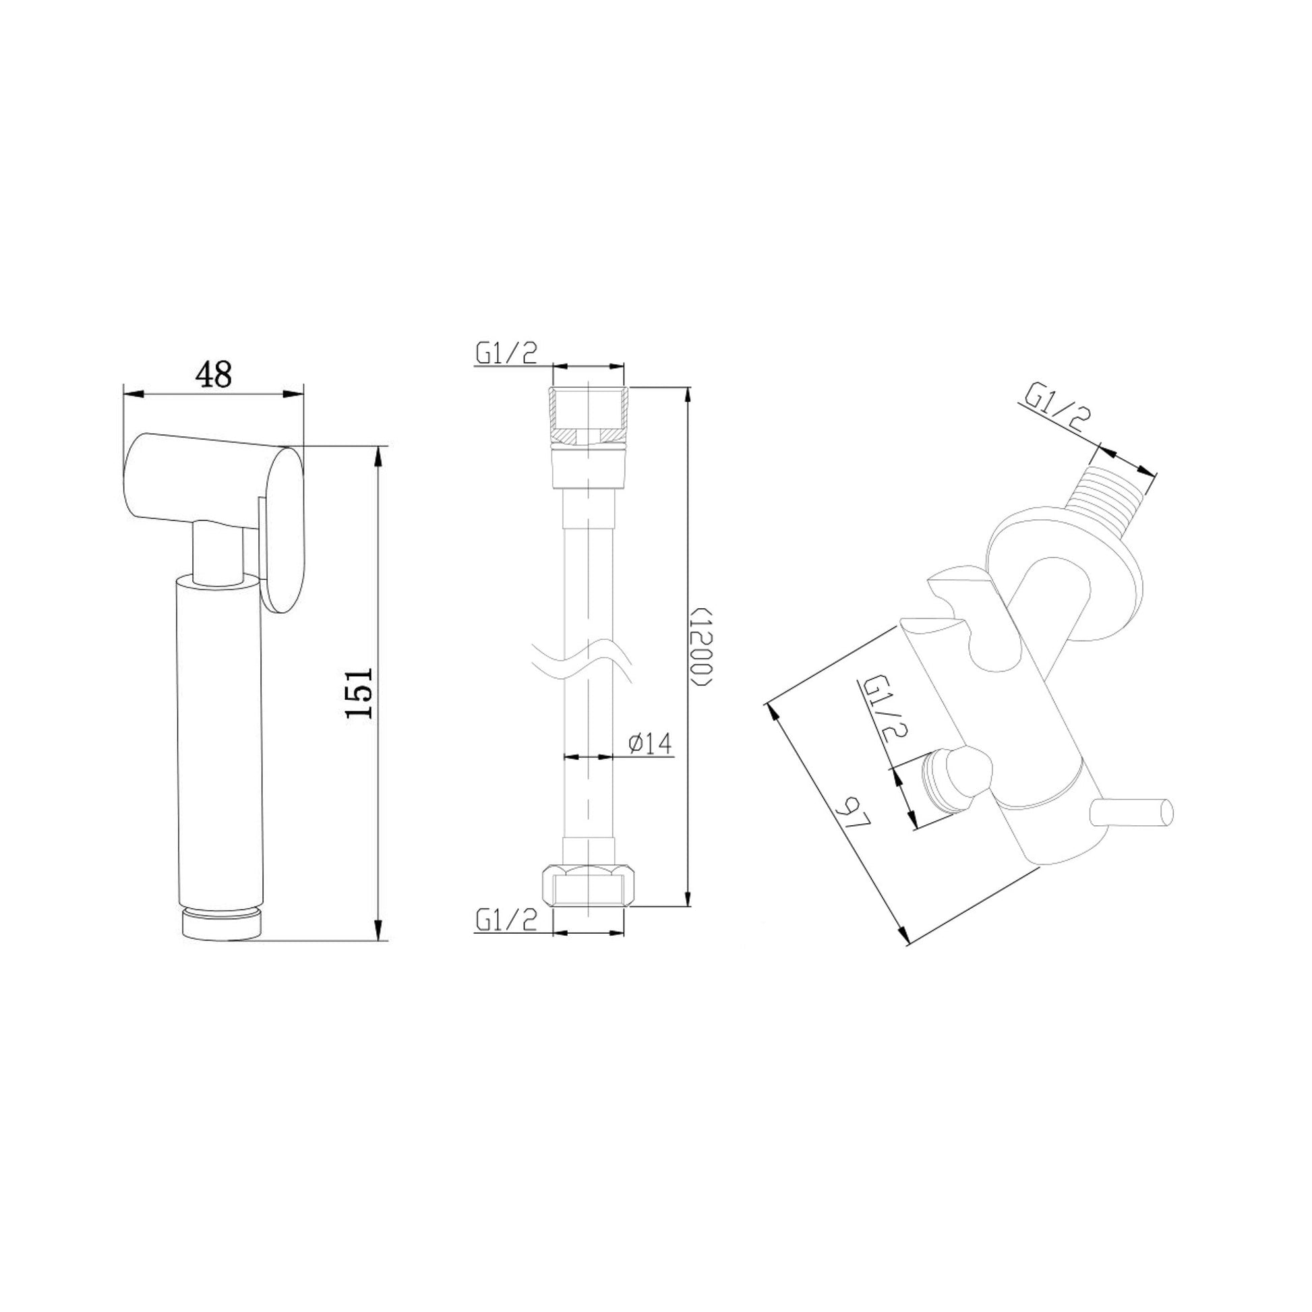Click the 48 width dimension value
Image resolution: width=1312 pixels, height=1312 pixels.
pyautogui.click(x=213, y=374)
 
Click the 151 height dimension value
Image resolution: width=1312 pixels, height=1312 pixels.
pyautogui.click(x=359, y=692)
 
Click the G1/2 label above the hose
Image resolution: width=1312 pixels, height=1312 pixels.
pyautogui.click(x=506, y=353)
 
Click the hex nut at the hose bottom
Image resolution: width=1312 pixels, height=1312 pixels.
pyautogui.click(x=589, y=885)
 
